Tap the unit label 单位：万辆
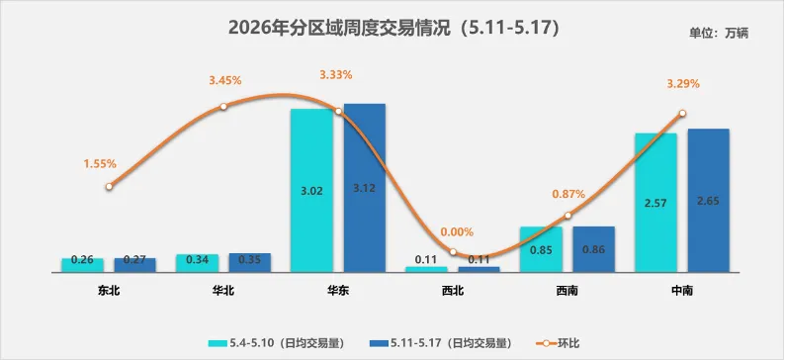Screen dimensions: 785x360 pyautogui.click(x=719, y=34)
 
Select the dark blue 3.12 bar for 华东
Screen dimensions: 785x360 pyautogui.click(x=365, y=188)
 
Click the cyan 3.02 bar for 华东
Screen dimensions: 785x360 pyautogui.click(x=311, y=190)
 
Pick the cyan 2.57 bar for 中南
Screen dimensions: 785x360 pyautogui.click(x=655, y=203)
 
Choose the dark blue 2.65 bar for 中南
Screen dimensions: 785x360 pyautogui.click(x=709, y=201)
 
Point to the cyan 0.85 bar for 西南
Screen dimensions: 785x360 pyautogui.click(x=541, y=249)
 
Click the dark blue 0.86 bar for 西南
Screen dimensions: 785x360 pyautogui.click(x=594, y=249)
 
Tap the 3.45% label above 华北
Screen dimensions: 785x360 pyautogui.click(x=225, y=79)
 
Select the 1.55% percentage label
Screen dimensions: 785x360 pyautogui.click(x=100, y=164)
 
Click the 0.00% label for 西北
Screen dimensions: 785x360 pyautogui.click(x=457, y=231)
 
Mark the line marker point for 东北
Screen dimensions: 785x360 pyautogui.click(x=109, y=186)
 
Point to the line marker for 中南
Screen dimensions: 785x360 pyautogui.click(x=682, y=113)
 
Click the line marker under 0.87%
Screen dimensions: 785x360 pyautogui.click(x=567, y=216)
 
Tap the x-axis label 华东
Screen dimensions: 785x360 pyautogui.click(x=338, y=291)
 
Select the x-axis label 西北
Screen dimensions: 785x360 pyautogui.click(x=453, y=291)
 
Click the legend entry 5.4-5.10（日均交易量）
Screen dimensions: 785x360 pyautogui.click(x=278, y=343)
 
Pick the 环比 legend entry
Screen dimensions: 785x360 pyautogui.click(x=559, y=343)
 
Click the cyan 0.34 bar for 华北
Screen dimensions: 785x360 pyautogui.click(x=198, y=263)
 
